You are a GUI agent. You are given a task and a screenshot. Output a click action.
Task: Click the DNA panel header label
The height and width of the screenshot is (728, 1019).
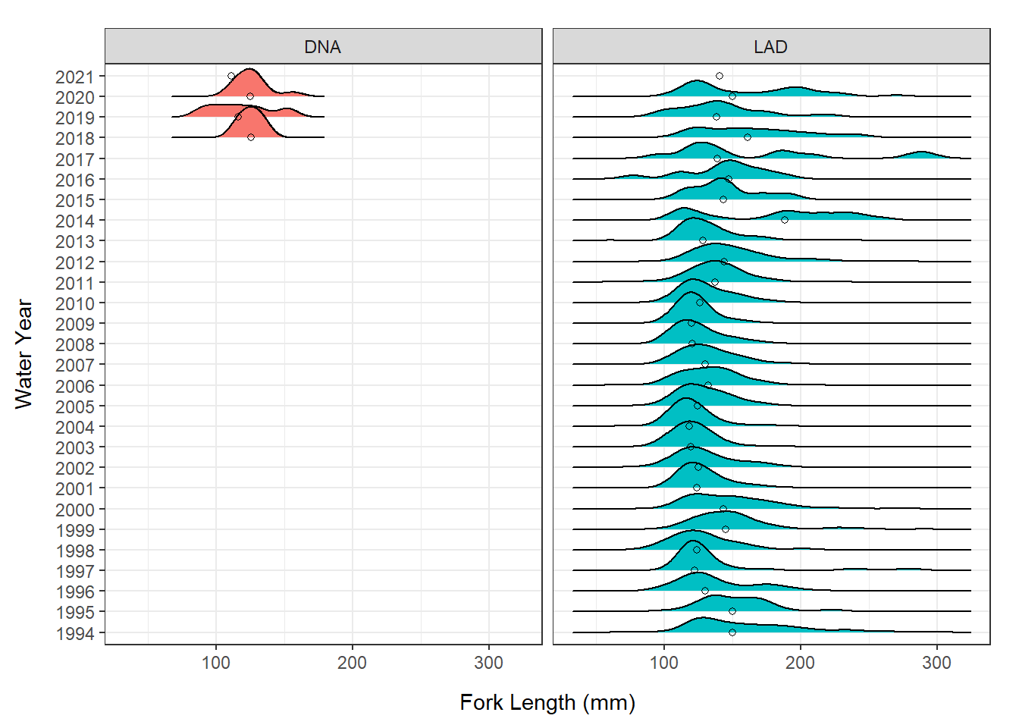322,47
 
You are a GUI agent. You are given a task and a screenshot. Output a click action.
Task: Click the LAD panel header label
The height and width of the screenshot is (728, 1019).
770,47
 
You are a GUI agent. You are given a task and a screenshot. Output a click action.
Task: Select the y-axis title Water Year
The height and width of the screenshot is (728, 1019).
24,354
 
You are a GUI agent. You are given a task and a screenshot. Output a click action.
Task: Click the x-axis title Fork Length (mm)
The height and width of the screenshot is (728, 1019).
547,702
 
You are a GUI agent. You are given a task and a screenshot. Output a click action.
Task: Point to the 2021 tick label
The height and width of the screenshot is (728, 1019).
74,77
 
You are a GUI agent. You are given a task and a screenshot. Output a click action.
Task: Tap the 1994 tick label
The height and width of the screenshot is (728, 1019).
74,633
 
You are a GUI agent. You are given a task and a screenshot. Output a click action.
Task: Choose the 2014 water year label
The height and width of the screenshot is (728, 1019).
74,221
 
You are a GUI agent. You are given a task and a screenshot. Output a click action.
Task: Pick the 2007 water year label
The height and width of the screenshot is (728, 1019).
74,365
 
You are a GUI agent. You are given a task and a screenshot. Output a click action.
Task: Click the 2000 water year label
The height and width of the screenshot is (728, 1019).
74,510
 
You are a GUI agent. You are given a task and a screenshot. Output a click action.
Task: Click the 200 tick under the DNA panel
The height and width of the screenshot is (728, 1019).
352,663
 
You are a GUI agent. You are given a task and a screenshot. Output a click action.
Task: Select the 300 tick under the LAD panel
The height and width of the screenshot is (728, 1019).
936,663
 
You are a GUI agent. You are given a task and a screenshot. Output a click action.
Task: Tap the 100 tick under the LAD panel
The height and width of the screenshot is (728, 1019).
664,663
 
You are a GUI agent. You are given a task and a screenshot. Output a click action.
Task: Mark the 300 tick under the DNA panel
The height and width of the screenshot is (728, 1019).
488,663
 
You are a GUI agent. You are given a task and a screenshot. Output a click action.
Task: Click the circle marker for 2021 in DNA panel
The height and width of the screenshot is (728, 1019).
231,76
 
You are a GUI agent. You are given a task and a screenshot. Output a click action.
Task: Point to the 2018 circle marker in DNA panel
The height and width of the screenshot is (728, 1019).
250,137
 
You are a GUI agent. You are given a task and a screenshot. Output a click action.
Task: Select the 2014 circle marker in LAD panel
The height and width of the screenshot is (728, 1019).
785,220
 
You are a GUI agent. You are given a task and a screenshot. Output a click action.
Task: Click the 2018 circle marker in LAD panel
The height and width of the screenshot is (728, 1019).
748,137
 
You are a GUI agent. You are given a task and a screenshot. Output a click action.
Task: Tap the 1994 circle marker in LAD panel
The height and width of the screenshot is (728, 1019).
732,632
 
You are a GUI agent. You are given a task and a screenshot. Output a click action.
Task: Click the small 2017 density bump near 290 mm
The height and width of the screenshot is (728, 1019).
921,155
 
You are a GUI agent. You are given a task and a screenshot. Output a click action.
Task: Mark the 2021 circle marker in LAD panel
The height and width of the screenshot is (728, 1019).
720,76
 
